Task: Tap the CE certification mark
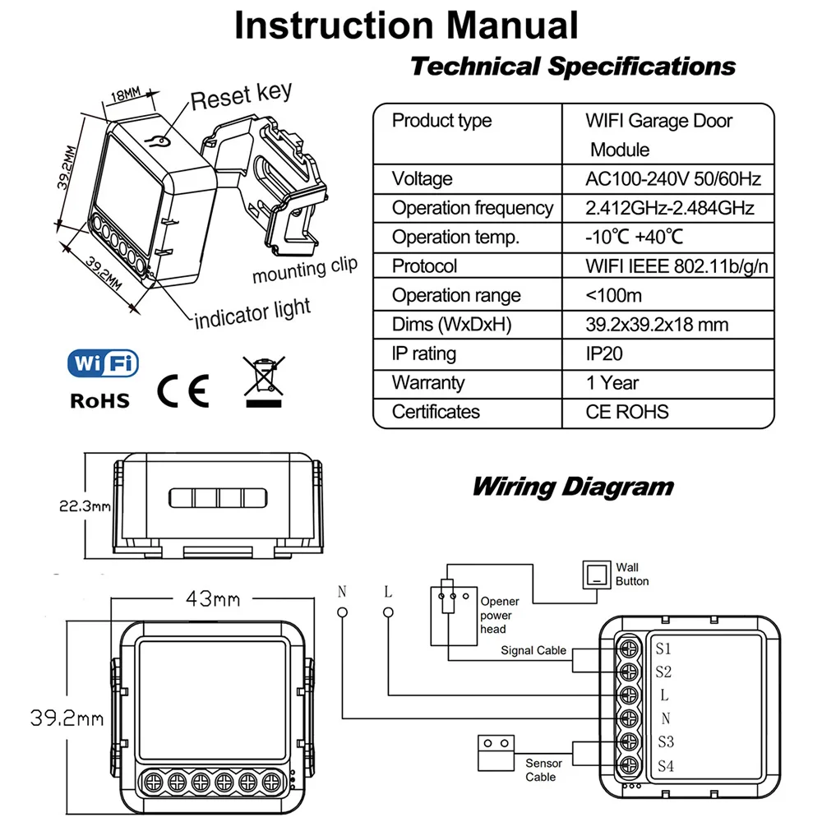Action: point(184,390)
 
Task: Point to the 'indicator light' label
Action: point(252,312)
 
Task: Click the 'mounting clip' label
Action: point(305,269)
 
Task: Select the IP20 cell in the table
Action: point(604,353)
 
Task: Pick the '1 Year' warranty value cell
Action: point(612,382)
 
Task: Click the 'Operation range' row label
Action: point(456,295)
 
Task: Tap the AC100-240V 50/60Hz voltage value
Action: point(673,178)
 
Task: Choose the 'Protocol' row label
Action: point(424,266)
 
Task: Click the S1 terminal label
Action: point(664,647)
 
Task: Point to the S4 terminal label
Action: point(665,766)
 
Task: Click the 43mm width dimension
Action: point(211,598)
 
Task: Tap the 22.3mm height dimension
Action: point(85,506)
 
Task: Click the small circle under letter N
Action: point(342,612)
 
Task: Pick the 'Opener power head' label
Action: point(500,616)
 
